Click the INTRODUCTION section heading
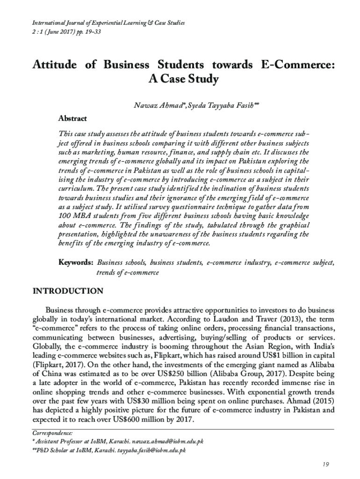point(67,291)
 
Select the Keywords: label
point(76,263)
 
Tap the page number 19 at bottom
point(326,464)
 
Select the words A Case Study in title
point(183,79)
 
